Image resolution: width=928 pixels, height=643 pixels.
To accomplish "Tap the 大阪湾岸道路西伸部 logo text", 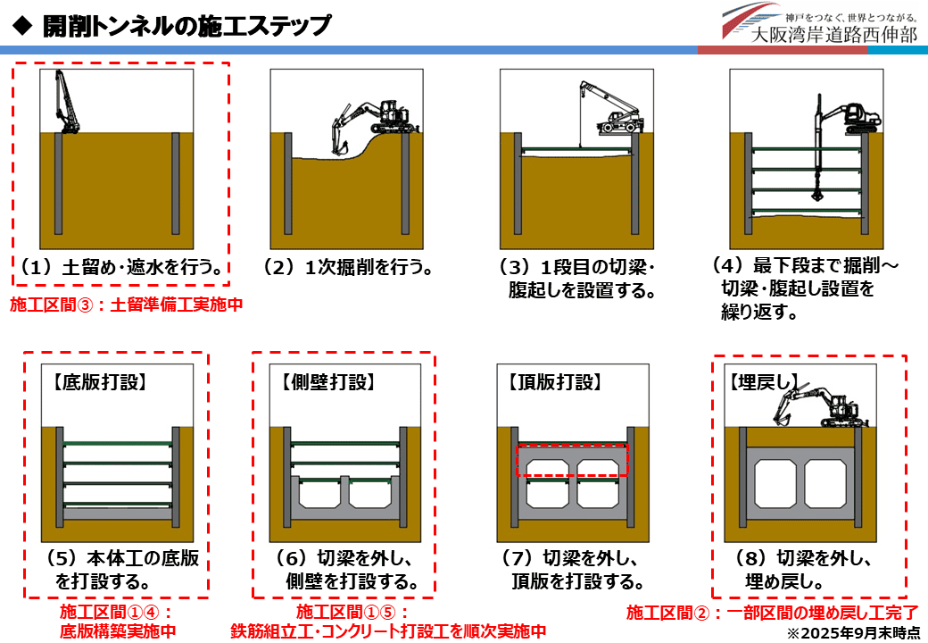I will click(833, 35).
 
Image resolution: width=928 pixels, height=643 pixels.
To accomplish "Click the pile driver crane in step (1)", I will click(62, 104).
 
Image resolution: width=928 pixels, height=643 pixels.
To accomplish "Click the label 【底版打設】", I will click(99, 383).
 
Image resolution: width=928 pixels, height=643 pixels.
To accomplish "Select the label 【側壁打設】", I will click(327, 383).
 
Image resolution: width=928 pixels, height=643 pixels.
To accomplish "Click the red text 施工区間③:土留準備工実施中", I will click(126, 305).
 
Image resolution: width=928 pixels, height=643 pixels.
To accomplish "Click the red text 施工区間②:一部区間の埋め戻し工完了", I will click(773, 613).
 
